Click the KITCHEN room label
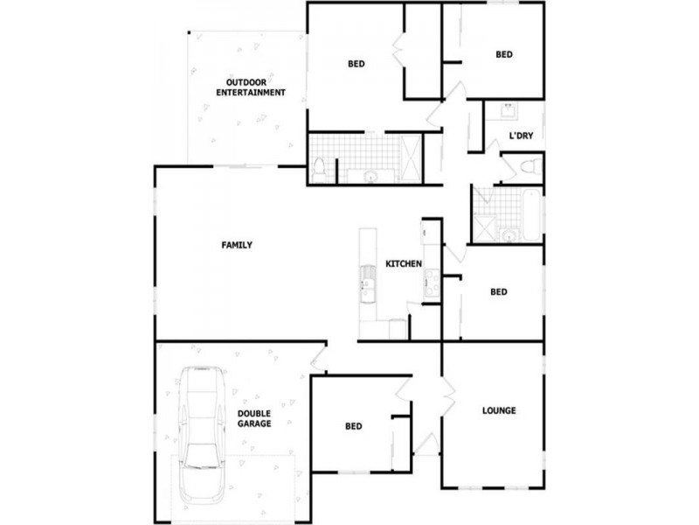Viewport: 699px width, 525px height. click(x=404, y=263)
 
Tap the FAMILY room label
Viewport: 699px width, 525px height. click(x=236, y=245)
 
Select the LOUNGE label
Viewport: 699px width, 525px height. click(x=499, y=409)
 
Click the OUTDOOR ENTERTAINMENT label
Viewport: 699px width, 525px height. click(x=251, y=87)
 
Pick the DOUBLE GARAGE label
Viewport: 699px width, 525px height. click(x=253, y=418)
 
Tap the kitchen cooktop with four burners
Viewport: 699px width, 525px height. click(x=431, y=283)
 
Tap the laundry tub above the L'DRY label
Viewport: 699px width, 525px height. click(x=507, y=111)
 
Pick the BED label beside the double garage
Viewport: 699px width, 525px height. click(x=353, y=426)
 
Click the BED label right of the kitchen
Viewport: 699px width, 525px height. click(x=499, y=292)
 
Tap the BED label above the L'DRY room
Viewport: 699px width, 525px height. click(x=504, y=54)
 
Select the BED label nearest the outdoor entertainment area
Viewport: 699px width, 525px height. click(x=356, y=63)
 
